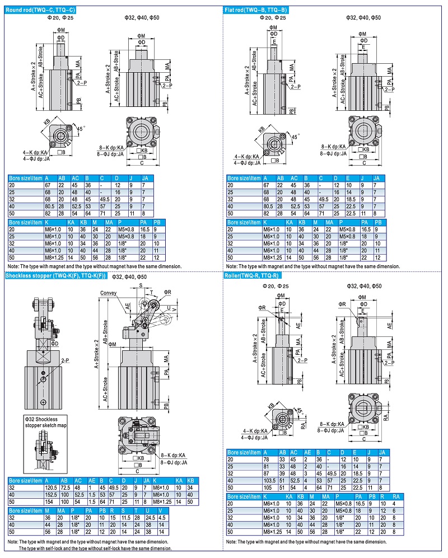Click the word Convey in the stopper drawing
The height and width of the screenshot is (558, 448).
109,293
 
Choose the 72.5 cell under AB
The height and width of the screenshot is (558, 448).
65,487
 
